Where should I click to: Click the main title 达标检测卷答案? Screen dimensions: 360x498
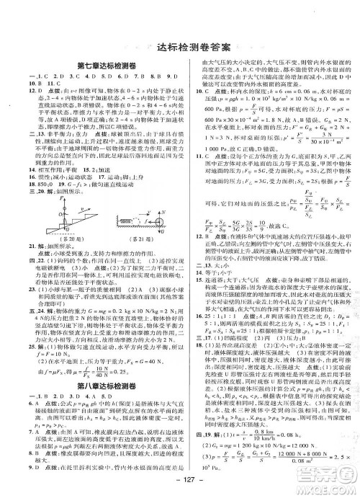[180, 48]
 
